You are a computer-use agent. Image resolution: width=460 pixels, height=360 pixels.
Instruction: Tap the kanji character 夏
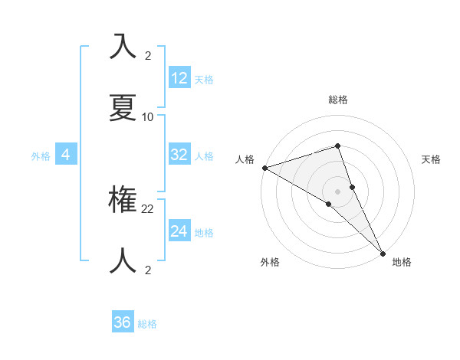coord(123,108)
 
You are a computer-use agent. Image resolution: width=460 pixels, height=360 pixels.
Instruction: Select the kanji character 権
coord(123,201)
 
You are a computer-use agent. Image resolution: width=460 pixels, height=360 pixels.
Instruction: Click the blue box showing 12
coord(179,78)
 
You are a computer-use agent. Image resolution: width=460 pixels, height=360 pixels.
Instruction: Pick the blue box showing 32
coord(179,155)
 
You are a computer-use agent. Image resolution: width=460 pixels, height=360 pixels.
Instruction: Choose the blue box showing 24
coord(179,231)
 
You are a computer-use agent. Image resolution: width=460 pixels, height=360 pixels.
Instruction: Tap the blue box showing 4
coord(66,155)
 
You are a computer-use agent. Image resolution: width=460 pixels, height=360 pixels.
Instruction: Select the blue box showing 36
coord(123,322)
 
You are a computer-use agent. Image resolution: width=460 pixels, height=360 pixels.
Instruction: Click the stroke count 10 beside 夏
coord(148,117)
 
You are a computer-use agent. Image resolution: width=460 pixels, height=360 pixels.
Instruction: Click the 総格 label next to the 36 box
coord(147,324)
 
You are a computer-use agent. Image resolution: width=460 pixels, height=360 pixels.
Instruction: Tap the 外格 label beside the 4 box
coord(41,156)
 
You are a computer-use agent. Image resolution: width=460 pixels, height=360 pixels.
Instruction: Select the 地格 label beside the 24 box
coord(204,233)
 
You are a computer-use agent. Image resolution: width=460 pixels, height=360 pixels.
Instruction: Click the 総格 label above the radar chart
coord(337,100)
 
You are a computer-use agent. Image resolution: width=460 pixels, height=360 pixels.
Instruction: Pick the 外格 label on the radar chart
coord(270,262)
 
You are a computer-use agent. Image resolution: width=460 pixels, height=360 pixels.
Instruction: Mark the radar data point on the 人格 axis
coord(264,167)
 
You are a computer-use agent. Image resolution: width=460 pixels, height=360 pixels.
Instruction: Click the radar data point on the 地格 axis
coord(383,252)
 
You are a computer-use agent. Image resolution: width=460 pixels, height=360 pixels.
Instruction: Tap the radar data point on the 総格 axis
coord(337,146)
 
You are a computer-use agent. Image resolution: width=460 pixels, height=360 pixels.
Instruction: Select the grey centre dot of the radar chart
coord(337,190)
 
